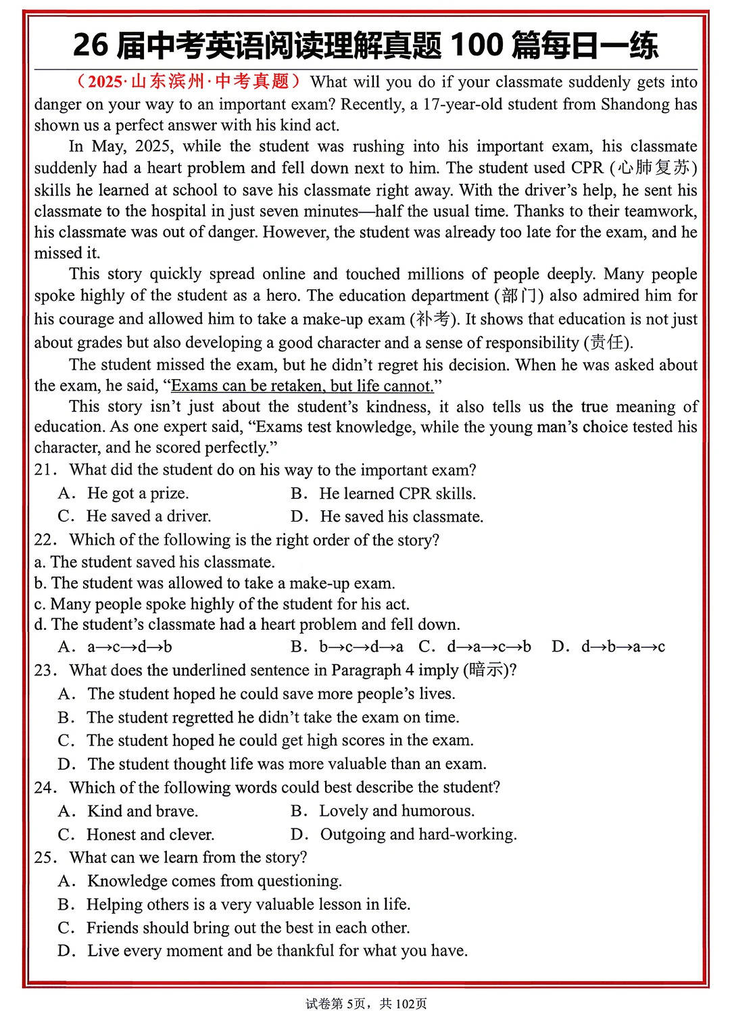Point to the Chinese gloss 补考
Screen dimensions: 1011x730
433,319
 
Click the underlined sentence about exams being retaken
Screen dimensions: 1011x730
302,386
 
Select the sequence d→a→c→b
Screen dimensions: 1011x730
489,647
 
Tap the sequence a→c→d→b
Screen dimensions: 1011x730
129,647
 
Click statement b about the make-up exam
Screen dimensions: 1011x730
215,583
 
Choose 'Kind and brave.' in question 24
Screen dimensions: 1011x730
142,811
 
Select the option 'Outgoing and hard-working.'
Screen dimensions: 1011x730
418,835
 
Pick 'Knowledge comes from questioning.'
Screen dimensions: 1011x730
214,881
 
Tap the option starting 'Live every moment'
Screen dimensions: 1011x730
277,951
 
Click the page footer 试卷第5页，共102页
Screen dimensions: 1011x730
366,1004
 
